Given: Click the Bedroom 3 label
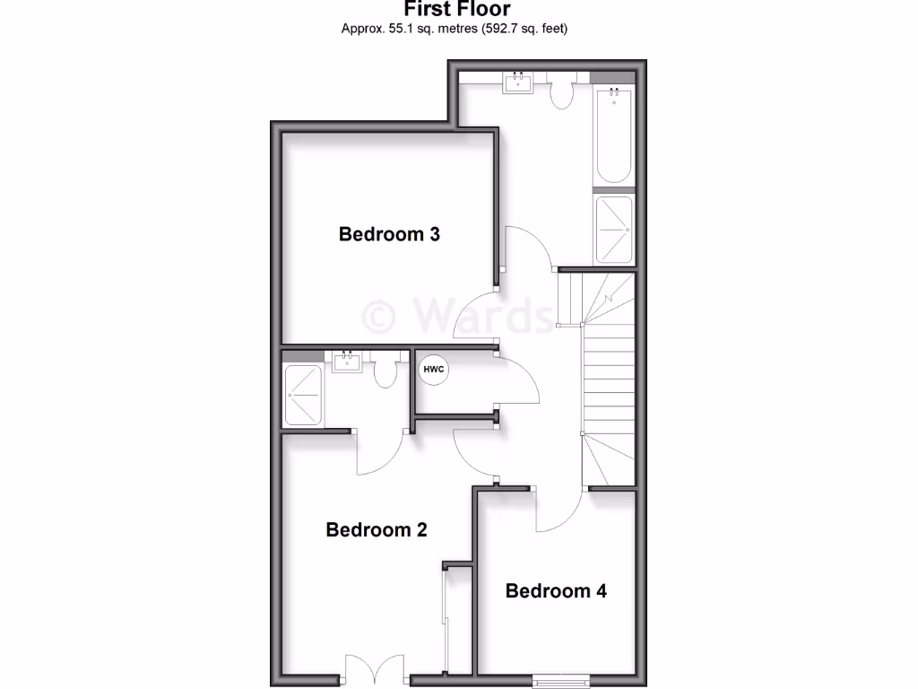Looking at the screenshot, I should tap(389, 234).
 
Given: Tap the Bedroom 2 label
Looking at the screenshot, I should tap(377, 529).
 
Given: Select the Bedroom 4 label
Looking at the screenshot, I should tap(556, 590).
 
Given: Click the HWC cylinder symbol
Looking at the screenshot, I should tap(433, 370).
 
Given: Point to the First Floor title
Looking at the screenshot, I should tap(457, 10).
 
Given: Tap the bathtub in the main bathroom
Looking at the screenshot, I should tap(615, 135).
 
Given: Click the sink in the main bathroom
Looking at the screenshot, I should tap(518, 84).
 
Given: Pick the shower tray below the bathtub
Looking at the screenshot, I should tap(614, 230).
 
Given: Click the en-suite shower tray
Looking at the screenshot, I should tap(303, 395).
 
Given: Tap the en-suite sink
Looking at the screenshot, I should tap(347, 362).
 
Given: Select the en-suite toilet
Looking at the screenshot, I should tap(386, 371).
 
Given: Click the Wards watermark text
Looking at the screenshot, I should tap(457, 316).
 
